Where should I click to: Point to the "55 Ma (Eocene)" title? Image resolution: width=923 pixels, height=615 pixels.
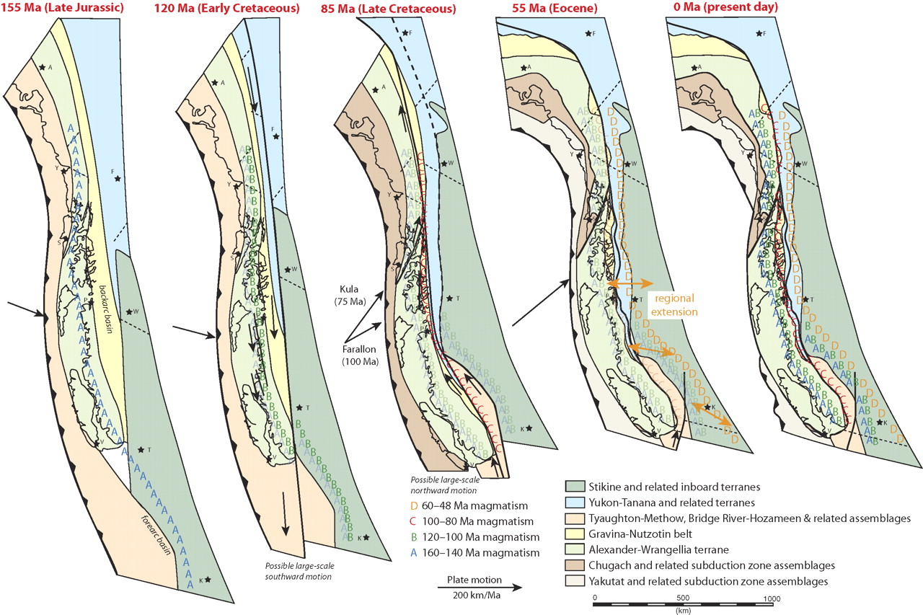pos(540,8)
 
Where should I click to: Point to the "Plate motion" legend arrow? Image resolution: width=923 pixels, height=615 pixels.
pos(479,587)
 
